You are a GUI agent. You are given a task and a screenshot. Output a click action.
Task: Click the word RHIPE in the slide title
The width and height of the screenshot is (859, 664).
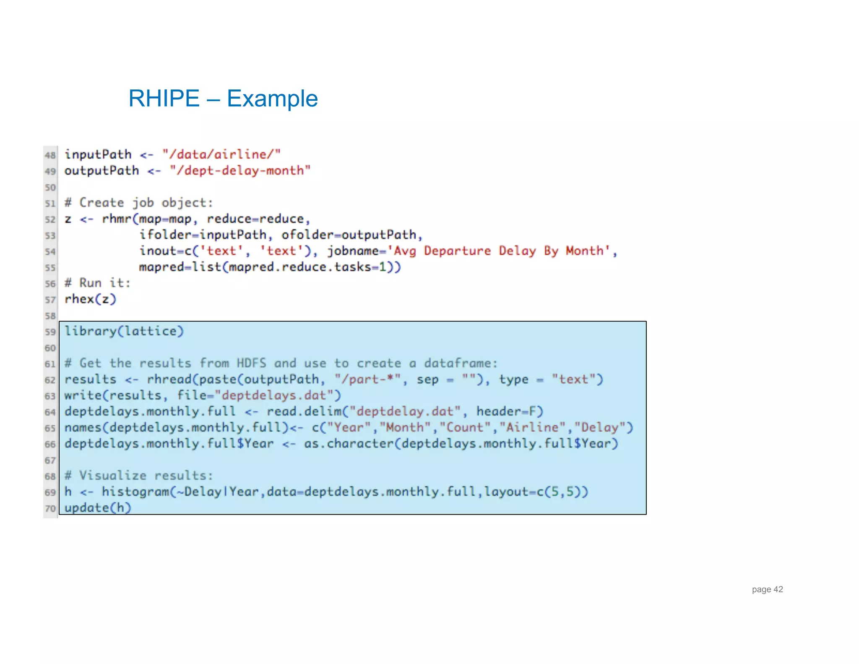(164, 99)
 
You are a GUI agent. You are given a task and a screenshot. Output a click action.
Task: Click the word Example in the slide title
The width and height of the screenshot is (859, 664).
(272, 99)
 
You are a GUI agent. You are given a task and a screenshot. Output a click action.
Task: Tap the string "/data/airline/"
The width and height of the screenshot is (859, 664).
(221, 154)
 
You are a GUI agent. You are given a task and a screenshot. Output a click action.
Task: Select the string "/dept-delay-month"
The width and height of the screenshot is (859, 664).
(240, 170)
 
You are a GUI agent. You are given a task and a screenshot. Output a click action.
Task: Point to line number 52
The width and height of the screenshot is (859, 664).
(50, 220)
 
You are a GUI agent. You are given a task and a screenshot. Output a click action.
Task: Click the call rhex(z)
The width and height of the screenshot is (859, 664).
(90, 299)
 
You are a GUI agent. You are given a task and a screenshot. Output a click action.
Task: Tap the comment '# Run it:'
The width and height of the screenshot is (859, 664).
(97, 283)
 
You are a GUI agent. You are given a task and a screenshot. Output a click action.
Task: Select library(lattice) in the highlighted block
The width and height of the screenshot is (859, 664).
(124, 331)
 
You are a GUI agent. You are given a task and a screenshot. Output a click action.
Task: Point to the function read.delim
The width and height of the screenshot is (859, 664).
(304, 411)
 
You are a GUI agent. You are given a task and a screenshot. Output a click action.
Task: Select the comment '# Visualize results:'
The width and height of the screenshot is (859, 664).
(139, 476)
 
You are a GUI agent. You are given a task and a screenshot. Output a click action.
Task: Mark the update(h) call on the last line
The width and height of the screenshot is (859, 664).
(98, 508)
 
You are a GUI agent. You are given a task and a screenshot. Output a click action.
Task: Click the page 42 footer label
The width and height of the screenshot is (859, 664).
(767, 589)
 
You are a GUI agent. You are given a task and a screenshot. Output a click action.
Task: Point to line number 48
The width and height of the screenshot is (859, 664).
(50, 155)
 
